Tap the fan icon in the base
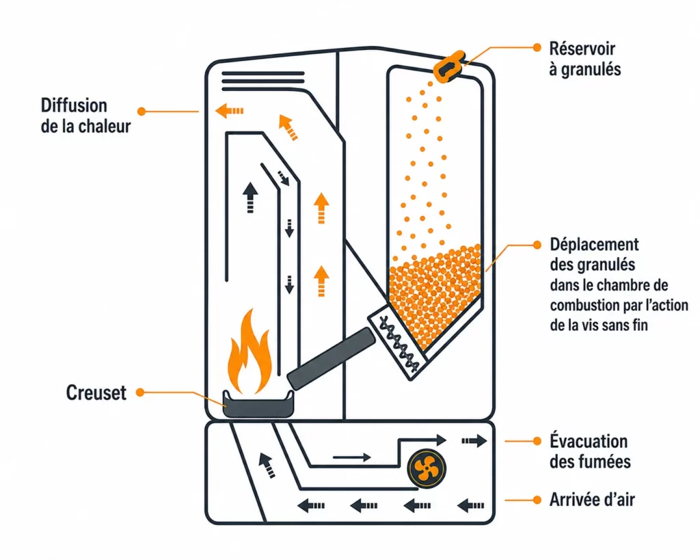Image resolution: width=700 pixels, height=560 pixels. (427, 468)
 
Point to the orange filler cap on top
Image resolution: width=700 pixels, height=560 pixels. (449, 66)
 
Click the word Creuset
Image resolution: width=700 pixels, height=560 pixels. (96, 393)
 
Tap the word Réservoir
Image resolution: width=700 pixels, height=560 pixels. (582, 49)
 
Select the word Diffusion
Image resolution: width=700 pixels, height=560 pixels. (74, 106)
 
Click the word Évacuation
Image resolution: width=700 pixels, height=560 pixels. (589, 441)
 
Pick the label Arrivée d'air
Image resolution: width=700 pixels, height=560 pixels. (592, 500)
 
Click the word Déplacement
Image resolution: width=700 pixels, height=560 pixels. (594, 244)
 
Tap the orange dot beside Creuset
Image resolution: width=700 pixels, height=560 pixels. (140, 392)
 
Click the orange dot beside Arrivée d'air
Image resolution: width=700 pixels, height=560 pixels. (537, 500)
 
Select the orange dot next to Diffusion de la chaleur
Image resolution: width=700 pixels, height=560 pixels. (142, 111)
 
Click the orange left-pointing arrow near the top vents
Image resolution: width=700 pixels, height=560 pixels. (230, 110)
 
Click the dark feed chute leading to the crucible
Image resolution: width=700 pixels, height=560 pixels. (331, 358)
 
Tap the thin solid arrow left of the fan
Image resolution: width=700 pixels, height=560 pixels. (352, 457)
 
